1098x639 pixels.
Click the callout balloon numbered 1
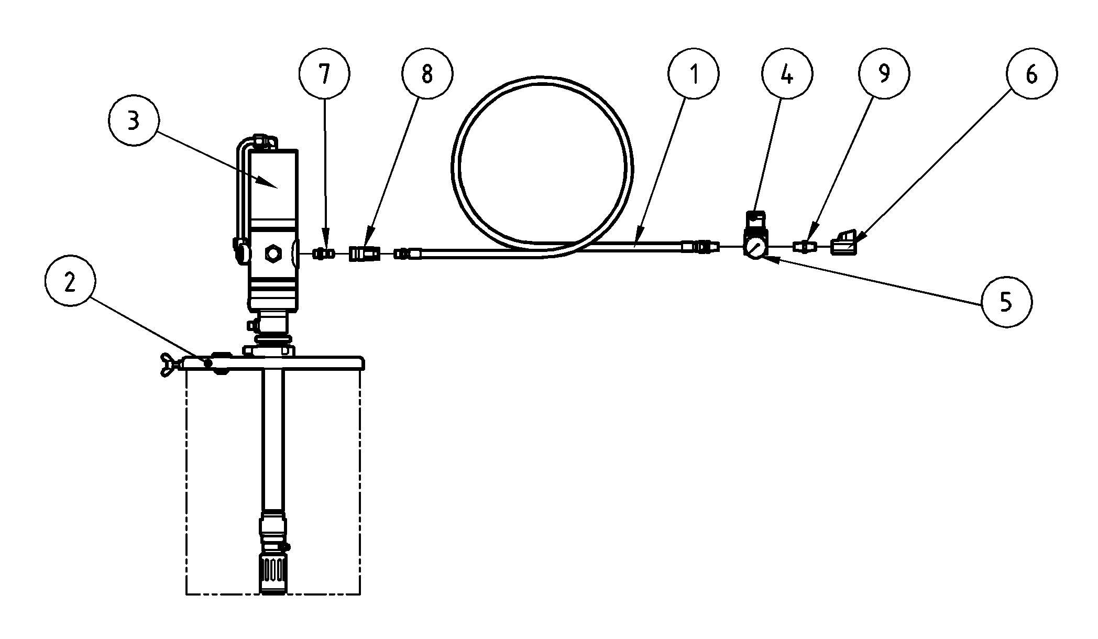coord(694,74)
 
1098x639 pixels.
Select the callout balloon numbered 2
coord(70,283)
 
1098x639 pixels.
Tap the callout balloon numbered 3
coord(134,120)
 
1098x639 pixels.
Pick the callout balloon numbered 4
coord(787,74)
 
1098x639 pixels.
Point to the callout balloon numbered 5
coord(1006,302)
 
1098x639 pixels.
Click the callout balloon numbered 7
coord(324,74)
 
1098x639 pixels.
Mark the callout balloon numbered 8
coord(427,74)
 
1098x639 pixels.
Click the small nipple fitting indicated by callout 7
coord(324,254)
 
